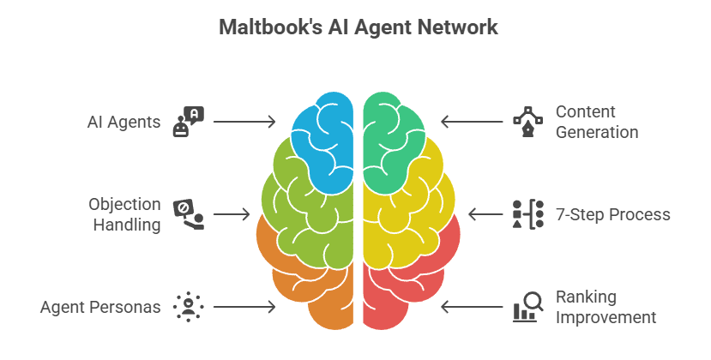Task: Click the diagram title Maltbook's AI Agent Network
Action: click(x=358, y=27)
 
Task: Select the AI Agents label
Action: click(x=124, y=122)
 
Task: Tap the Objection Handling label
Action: click(x=124, y=214)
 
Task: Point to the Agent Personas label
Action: click(x=100, y=306)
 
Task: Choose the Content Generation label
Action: click(x=596, y=122)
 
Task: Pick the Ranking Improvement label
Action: click(x=606, y=306)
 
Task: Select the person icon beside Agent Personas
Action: click(x=187, y=306)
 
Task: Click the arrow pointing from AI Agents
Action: click(x=244, y=122)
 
